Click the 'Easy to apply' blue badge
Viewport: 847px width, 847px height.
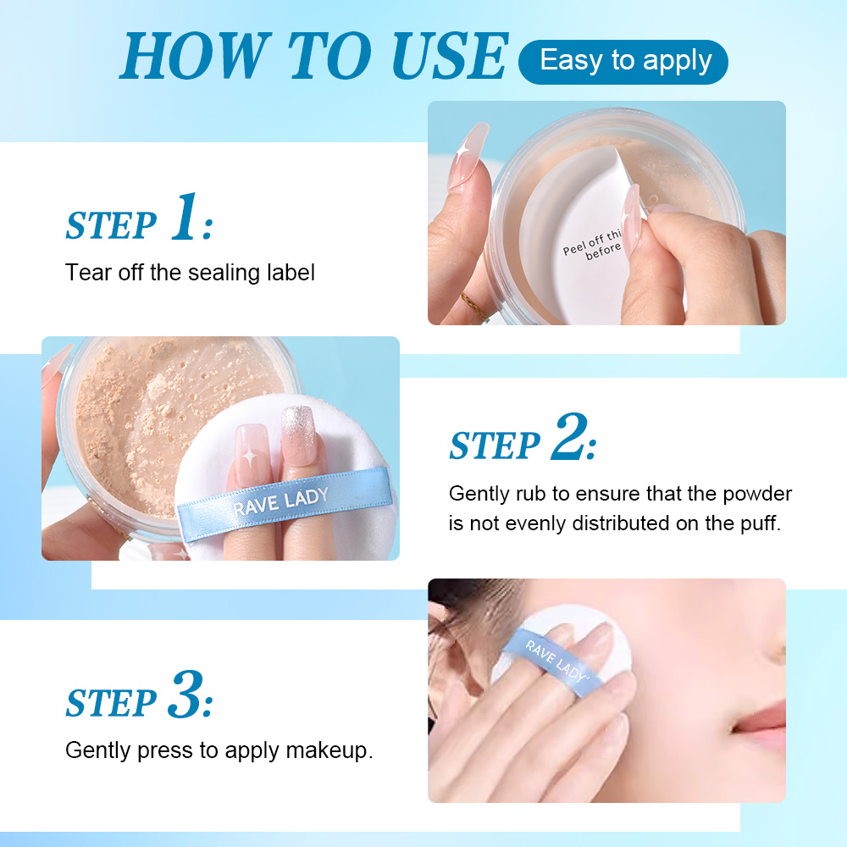pos(623,62)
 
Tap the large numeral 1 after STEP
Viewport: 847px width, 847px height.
pos(185,219)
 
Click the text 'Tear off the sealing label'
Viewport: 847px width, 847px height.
pos(190,273)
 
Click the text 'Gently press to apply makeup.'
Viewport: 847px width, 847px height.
pos(219,750)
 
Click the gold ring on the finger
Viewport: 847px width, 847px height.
pos(475,307)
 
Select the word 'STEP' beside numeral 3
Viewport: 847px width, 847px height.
pos(111,703)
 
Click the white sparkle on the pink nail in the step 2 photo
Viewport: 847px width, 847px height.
pos(251,455)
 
